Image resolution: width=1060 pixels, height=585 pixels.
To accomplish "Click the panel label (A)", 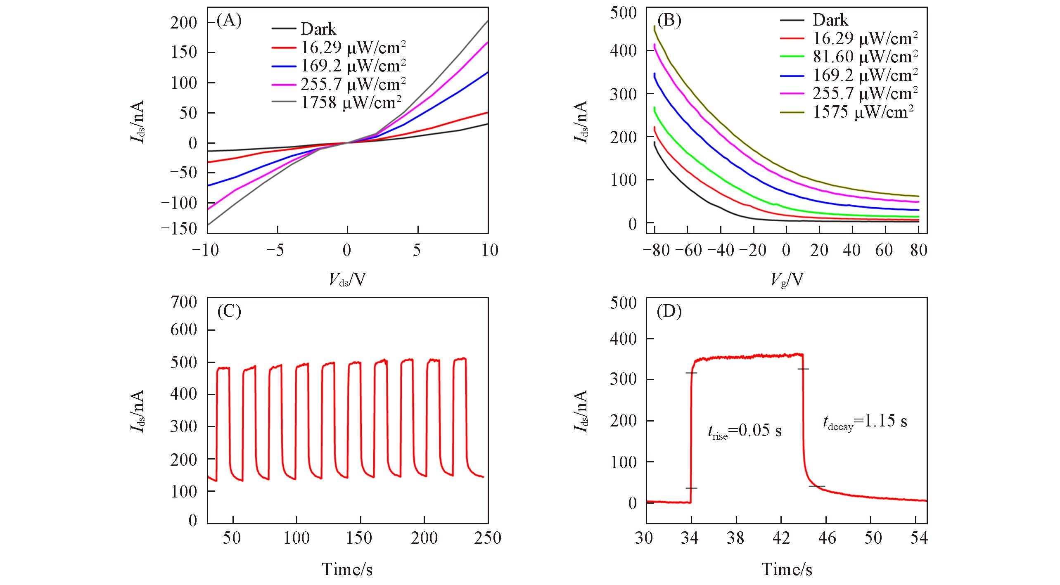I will click(x=229, y=21).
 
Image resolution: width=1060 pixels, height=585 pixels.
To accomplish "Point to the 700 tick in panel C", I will click(x=184, y=302).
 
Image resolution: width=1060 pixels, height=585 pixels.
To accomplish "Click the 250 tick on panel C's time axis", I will click(x=488, y=538).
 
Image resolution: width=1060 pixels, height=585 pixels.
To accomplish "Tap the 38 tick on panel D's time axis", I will click(x=735, y=538).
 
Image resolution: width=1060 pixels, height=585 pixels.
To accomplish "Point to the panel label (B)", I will click(x=669, y=21).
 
